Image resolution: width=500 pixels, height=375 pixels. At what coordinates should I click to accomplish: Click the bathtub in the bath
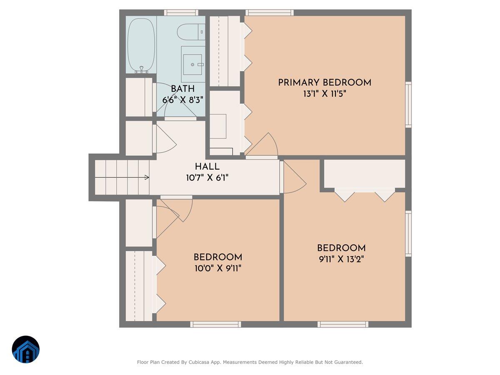tap(141, 45)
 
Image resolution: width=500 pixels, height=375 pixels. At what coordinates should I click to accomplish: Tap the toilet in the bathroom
tap(191, 32)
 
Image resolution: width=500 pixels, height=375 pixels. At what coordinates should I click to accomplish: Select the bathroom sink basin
tap(192, 65)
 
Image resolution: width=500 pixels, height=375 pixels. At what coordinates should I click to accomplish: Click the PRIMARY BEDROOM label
tap(325, 82)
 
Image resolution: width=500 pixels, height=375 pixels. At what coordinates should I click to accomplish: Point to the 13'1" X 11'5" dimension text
tap(325, 94)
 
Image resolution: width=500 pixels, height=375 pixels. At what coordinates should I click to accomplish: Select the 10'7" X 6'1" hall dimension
tap(207, 177)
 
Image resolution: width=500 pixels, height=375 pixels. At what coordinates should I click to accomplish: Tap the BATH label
tap(182, 89)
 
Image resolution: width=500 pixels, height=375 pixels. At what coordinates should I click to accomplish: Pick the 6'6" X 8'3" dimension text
tap(182, 100)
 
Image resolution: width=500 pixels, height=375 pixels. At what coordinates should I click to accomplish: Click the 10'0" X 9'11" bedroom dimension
tap(218, 268)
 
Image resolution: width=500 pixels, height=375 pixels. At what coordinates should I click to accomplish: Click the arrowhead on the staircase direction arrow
tap(147, 177)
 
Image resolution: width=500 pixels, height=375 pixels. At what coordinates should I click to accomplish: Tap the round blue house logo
tap(26, 349)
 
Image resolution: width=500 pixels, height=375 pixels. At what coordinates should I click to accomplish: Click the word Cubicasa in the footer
tap(197, 362)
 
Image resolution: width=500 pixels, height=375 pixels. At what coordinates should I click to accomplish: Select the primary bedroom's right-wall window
tap(408, 105)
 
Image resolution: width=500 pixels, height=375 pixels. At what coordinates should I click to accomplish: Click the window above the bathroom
tap(181, 12)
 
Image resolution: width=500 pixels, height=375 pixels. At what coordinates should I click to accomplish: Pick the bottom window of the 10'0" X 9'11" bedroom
tap(215, 324)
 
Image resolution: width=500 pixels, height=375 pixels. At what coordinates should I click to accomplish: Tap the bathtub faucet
tap(141, 69)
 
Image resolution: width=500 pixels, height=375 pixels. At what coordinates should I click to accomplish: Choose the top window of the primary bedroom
tap(269, 12)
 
